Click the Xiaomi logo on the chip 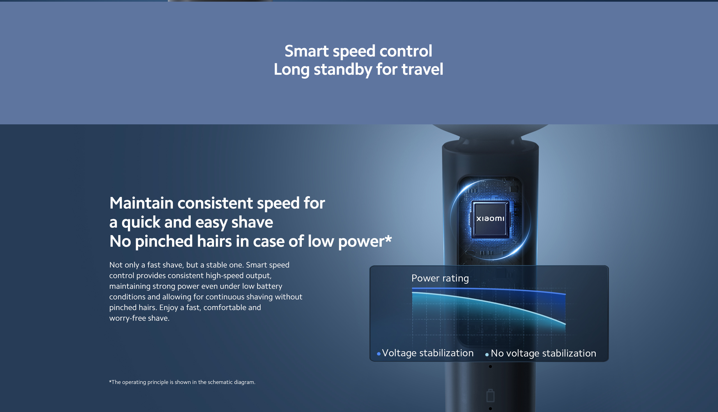(490, 218)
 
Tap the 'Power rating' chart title (440, 278)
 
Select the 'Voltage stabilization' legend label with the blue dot (427, 353)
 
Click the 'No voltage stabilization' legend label (544, 353)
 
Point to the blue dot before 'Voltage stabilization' (379, 354)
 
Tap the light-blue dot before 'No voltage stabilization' (487, 354)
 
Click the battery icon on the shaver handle (491, 395)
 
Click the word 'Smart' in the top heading (307, 51)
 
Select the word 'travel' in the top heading (422, 69)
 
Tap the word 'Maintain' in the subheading (141, 203)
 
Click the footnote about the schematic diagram (182, 382)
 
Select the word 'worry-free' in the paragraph (128, 318)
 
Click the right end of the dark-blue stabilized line (565, 294)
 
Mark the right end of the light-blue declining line (565, 324)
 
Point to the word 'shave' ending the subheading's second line (252, 222)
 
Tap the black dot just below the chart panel (491, 367)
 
